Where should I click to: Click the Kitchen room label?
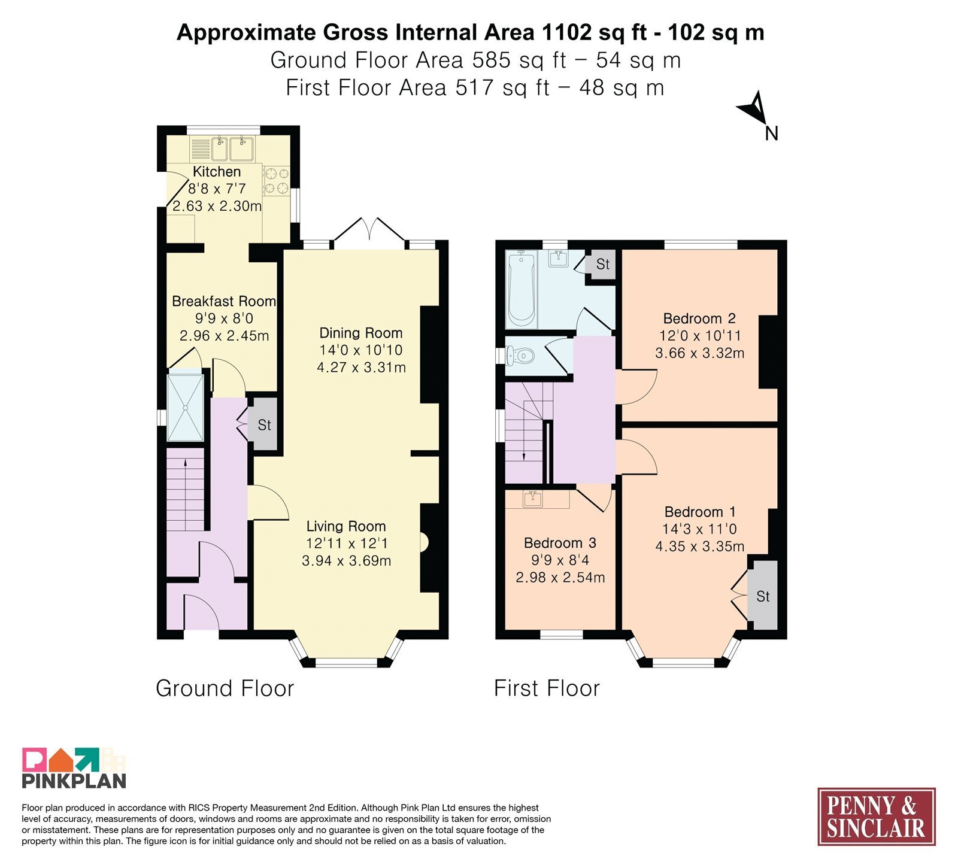pyautogui.click(x=217, y=172)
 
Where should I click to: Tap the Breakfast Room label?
pyautogui.click(x=224, y=301)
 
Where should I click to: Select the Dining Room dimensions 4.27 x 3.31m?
pyautogui.click(x=362, y=368)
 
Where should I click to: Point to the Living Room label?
pyautogui.click(x=346, y=526)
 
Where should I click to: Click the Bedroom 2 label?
pyautogui.click(x=699, y=318)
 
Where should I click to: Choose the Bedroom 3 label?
pyautogui.click(x=560, y=543)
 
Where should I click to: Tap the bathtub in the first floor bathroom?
pyautogui.click(x=521, y=289)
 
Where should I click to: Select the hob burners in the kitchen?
pyautogui.click(x=276, y=181)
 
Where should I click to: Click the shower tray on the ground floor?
pyautogui.click(x=186, y=407)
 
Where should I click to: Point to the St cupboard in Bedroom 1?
pyautogui.click(x=762, y=596)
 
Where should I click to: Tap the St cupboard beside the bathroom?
pyautogui.click(x=602, y=264)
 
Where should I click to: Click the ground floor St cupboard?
pyautogui.click(x=263, y=424)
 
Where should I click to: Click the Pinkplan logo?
pyautogui.click(x=74, y=767)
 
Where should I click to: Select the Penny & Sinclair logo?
pyautogui.click(x=876, y=817)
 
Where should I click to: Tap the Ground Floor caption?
pyautogui.click(x=225, y=688)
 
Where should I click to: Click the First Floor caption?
pyautogui.click(x=547, y=688)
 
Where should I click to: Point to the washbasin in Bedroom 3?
pyautogui.click(x=532, y=499)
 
